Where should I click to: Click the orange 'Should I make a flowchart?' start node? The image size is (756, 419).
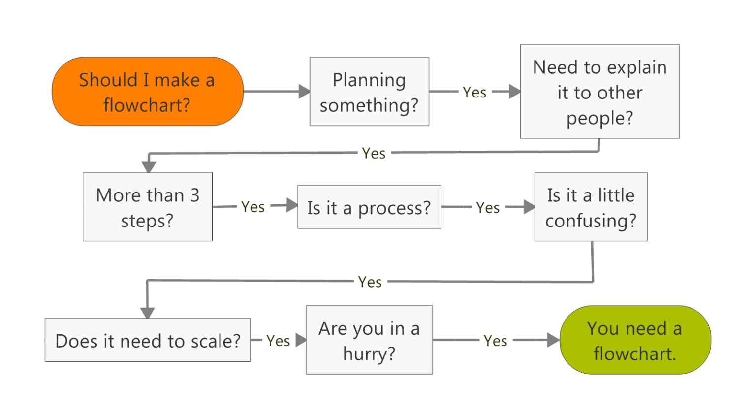(147, 92)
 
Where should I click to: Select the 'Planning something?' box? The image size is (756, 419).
(369, 92)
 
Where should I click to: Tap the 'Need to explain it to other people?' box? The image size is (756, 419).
(599, 92)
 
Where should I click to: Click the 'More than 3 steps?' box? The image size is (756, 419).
(148, 207)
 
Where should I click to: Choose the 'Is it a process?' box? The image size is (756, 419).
(369, 207)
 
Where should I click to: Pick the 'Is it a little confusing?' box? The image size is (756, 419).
(591, 207)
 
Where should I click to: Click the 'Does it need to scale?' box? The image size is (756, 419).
(148, 340)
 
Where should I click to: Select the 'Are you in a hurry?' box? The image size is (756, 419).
(369, 340)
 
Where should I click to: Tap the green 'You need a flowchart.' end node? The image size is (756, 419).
(635, 340)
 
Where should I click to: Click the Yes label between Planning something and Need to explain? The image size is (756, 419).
(474, 92)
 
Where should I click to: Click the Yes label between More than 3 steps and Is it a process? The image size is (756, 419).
(253, 207)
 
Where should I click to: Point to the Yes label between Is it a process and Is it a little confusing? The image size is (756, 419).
(488, 208)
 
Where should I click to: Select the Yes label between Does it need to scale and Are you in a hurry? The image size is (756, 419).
(278, 341)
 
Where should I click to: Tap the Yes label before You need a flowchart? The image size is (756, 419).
(495, 341)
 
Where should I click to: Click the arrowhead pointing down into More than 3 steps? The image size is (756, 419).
(149, 166)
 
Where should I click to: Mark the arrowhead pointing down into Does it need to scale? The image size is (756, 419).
(148, 312)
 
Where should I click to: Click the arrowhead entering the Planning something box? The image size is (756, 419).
(304, 91)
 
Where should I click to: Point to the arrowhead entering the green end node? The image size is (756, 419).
(554, 340)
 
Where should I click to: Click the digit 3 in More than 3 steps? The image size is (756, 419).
(195, 195)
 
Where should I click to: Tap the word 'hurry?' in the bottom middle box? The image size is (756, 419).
(369, 354)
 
